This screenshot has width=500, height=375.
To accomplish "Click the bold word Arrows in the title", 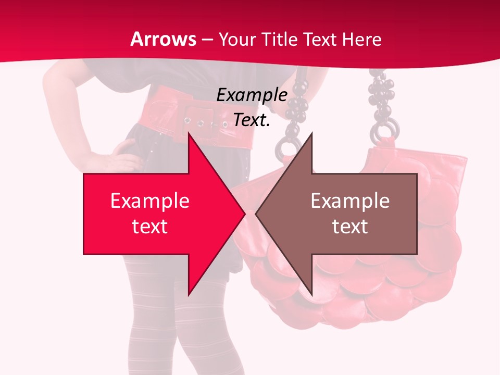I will (163, 39).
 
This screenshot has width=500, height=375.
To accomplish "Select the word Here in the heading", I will (361, 40).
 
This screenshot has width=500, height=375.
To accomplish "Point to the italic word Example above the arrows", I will (252, 95).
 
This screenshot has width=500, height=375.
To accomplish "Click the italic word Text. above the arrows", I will (252, 120).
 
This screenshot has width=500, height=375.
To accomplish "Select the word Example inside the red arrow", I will (150, 201).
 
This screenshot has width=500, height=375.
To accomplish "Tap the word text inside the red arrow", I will (150, 226).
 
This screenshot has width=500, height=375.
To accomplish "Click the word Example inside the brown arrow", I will (350, 201).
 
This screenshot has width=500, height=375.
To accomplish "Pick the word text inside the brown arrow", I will (350, 226).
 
